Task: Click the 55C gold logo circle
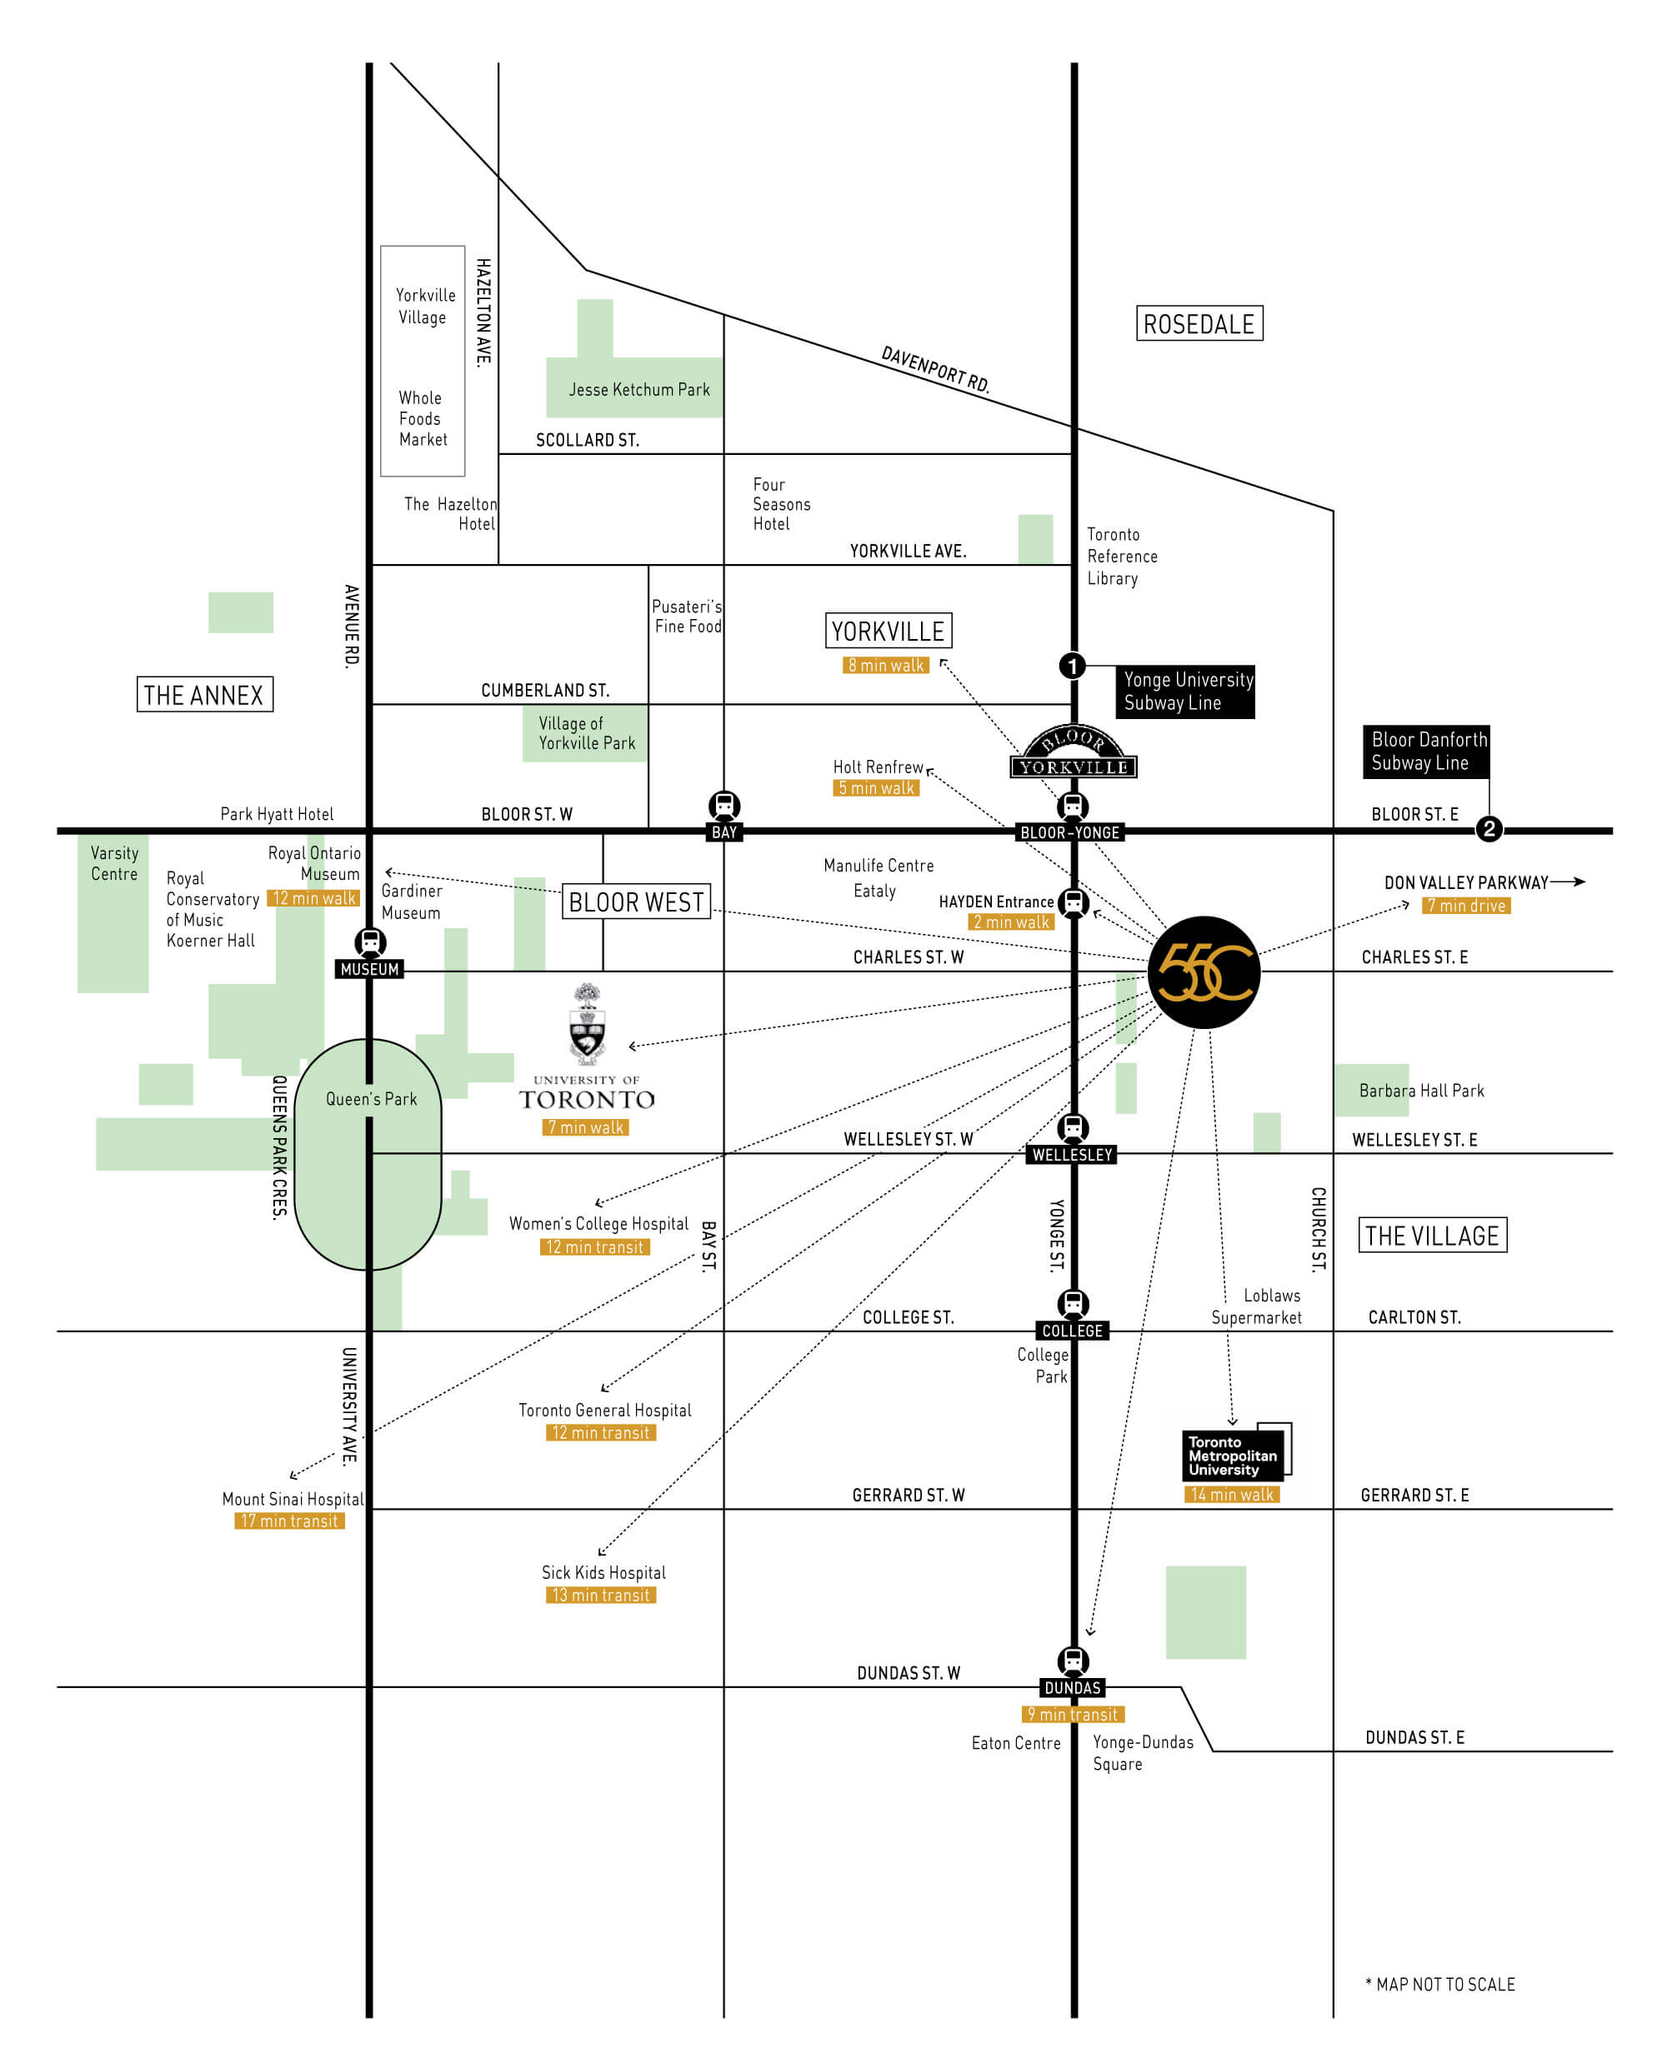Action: click(1204, 972)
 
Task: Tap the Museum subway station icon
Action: click(370, 942)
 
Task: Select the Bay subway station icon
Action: click(724, 806)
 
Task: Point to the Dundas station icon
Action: click(1073, 1661)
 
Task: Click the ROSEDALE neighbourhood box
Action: click(1199, 323)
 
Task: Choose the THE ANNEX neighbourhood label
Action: click(204, 694)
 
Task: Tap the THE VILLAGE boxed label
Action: click(1432, 1235)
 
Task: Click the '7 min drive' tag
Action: click(1465, 905)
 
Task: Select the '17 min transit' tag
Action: click(289, 1521)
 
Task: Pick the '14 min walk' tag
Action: click(1232, 1494)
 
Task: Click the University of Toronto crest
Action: click(587, 1023)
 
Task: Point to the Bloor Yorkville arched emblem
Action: click(1074, 752)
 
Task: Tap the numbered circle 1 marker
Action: click(1072, 665)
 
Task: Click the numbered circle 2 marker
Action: click(1489, 828)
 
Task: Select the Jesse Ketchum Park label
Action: click(639, 389)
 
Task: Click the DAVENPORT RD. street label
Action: click(935, 370)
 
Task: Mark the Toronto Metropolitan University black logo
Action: click(1236, 1452)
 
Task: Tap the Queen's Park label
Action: click(372, 1098)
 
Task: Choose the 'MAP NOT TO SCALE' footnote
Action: click(1439, 1985)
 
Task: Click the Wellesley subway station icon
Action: click(1073, 1128)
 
